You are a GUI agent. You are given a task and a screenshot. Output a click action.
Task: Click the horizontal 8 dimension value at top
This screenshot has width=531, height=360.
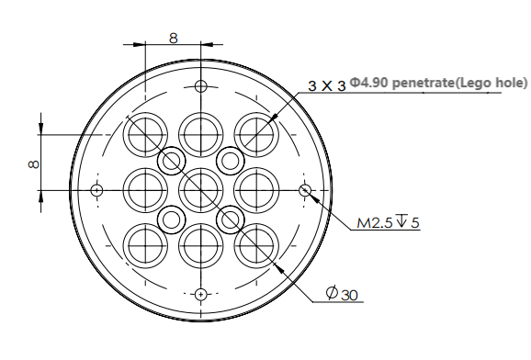pos(173,38)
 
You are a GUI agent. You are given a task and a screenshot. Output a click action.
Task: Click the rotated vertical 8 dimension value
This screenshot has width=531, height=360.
pos(33,164)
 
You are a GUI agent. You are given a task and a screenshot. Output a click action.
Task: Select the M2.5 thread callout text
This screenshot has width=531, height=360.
pos(375,223)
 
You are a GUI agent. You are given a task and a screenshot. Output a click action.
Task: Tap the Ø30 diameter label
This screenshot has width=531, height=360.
pos(342,294)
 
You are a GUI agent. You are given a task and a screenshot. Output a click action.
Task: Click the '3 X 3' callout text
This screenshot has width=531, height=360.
pos(327,85)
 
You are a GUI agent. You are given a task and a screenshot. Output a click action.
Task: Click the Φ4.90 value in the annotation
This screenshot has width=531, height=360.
pos(368,83)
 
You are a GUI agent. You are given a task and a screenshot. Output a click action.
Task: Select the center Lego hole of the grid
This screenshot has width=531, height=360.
pos(201,190)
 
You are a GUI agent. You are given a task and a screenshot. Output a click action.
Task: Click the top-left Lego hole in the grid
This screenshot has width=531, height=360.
pos(145,135)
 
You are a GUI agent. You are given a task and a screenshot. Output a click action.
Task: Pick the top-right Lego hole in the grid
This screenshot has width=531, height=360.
pos(256,135)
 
